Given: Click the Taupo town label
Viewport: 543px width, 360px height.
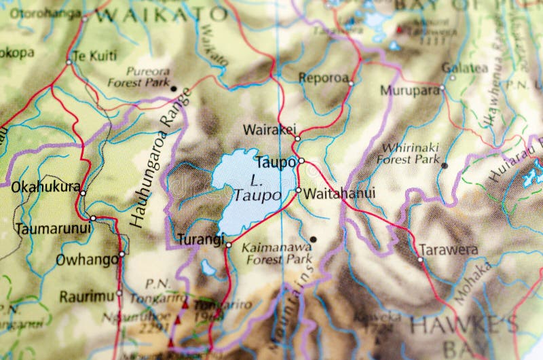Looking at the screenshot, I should point(275,162).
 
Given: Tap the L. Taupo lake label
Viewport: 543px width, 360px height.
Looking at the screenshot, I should point(257,188).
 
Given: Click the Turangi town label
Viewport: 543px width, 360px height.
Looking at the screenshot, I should point(200,239).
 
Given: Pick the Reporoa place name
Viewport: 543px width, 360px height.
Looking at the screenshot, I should point(323,77).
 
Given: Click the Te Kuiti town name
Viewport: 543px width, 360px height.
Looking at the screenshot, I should point(94,56).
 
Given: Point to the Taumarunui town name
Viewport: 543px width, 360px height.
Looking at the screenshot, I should point(53,228).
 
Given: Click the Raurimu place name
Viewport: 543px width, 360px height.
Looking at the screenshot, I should point(87,296).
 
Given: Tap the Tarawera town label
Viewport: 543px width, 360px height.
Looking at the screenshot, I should point(448,249).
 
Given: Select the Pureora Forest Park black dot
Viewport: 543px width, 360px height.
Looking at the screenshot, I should point(174,88).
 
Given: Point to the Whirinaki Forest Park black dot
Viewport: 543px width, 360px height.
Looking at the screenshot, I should point(444,165).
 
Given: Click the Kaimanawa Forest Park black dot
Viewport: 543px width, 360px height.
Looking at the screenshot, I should point(313,239).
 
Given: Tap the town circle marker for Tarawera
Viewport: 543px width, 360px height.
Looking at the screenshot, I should point(420,259).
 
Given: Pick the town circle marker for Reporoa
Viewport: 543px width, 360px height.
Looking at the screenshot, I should point(351,83).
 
